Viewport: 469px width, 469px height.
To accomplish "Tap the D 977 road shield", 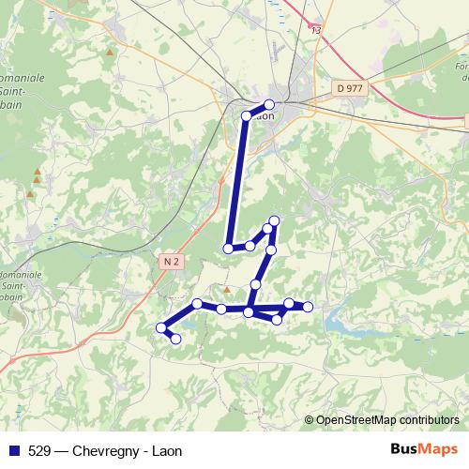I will (x=348, y=88).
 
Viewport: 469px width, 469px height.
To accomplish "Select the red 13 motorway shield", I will (x=316, y=30).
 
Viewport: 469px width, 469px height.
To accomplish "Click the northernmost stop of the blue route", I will (x=269, y=104).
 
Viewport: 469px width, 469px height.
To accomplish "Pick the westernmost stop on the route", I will (x=159, y=327).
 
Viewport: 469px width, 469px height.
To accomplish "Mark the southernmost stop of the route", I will (x=175, y=339).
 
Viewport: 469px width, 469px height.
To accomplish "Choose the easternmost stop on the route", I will (x=308, y=308).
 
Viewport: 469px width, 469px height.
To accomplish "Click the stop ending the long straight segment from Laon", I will (x=228, y=249).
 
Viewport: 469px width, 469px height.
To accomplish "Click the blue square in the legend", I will (x=14, y=450).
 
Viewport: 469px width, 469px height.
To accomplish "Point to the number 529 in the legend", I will (x=39, y=450).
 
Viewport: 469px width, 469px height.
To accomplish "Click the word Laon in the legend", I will (x=166, y=450).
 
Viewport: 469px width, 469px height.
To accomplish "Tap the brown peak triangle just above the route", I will (x=226, y=288).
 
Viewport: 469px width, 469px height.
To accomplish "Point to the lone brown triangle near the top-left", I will (x=113, y=52).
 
